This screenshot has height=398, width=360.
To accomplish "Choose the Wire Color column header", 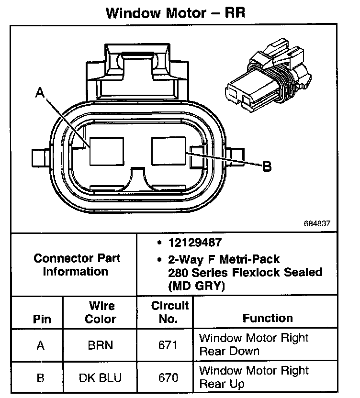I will pyautogui.click(x=101, y=312).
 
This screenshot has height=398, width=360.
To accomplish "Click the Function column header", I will pyautogui.click(x=268, y=318).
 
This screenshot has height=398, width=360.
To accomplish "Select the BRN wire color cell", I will pyautogui.click(x=101, y=345).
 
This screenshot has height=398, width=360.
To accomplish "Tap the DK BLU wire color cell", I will pyautogui.click(x=101, y=377).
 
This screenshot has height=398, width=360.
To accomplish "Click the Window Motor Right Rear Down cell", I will pyautogui.click(x=254, y=344).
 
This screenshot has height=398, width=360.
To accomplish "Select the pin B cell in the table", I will pyautogui.click(x=41, y=377).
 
